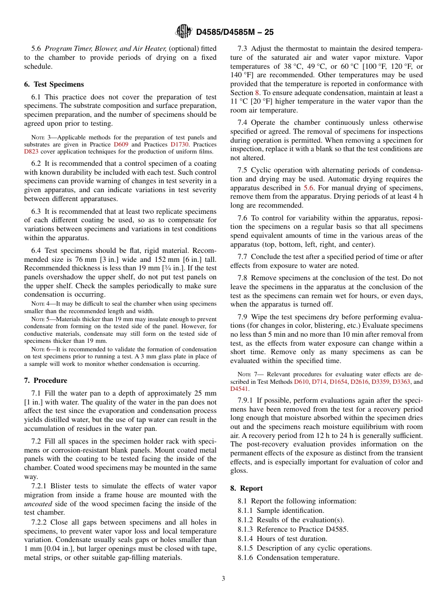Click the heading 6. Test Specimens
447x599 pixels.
point(54,84)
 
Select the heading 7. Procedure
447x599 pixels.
point(46,380)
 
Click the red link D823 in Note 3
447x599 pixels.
point(32,152)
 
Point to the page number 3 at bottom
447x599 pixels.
point(223,579)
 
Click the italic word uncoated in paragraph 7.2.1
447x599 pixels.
point(38,504)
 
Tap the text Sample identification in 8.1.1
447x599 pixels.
point(290,510)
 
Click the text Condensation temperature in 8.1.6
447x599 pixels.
point(298,558)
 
